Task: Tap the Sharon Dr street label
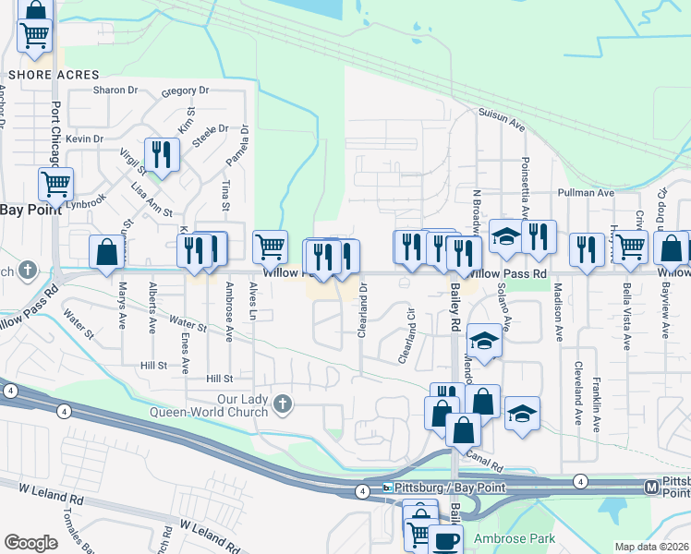coord(115,90)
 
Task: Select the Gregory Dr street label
coord(185,91)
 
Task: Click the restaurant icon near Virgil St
coord(163,154)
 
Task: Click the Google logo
coord(30,543)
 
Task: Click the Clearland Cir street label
coord(407,343)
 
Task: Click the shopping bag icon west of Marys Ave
coord(107,252)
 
